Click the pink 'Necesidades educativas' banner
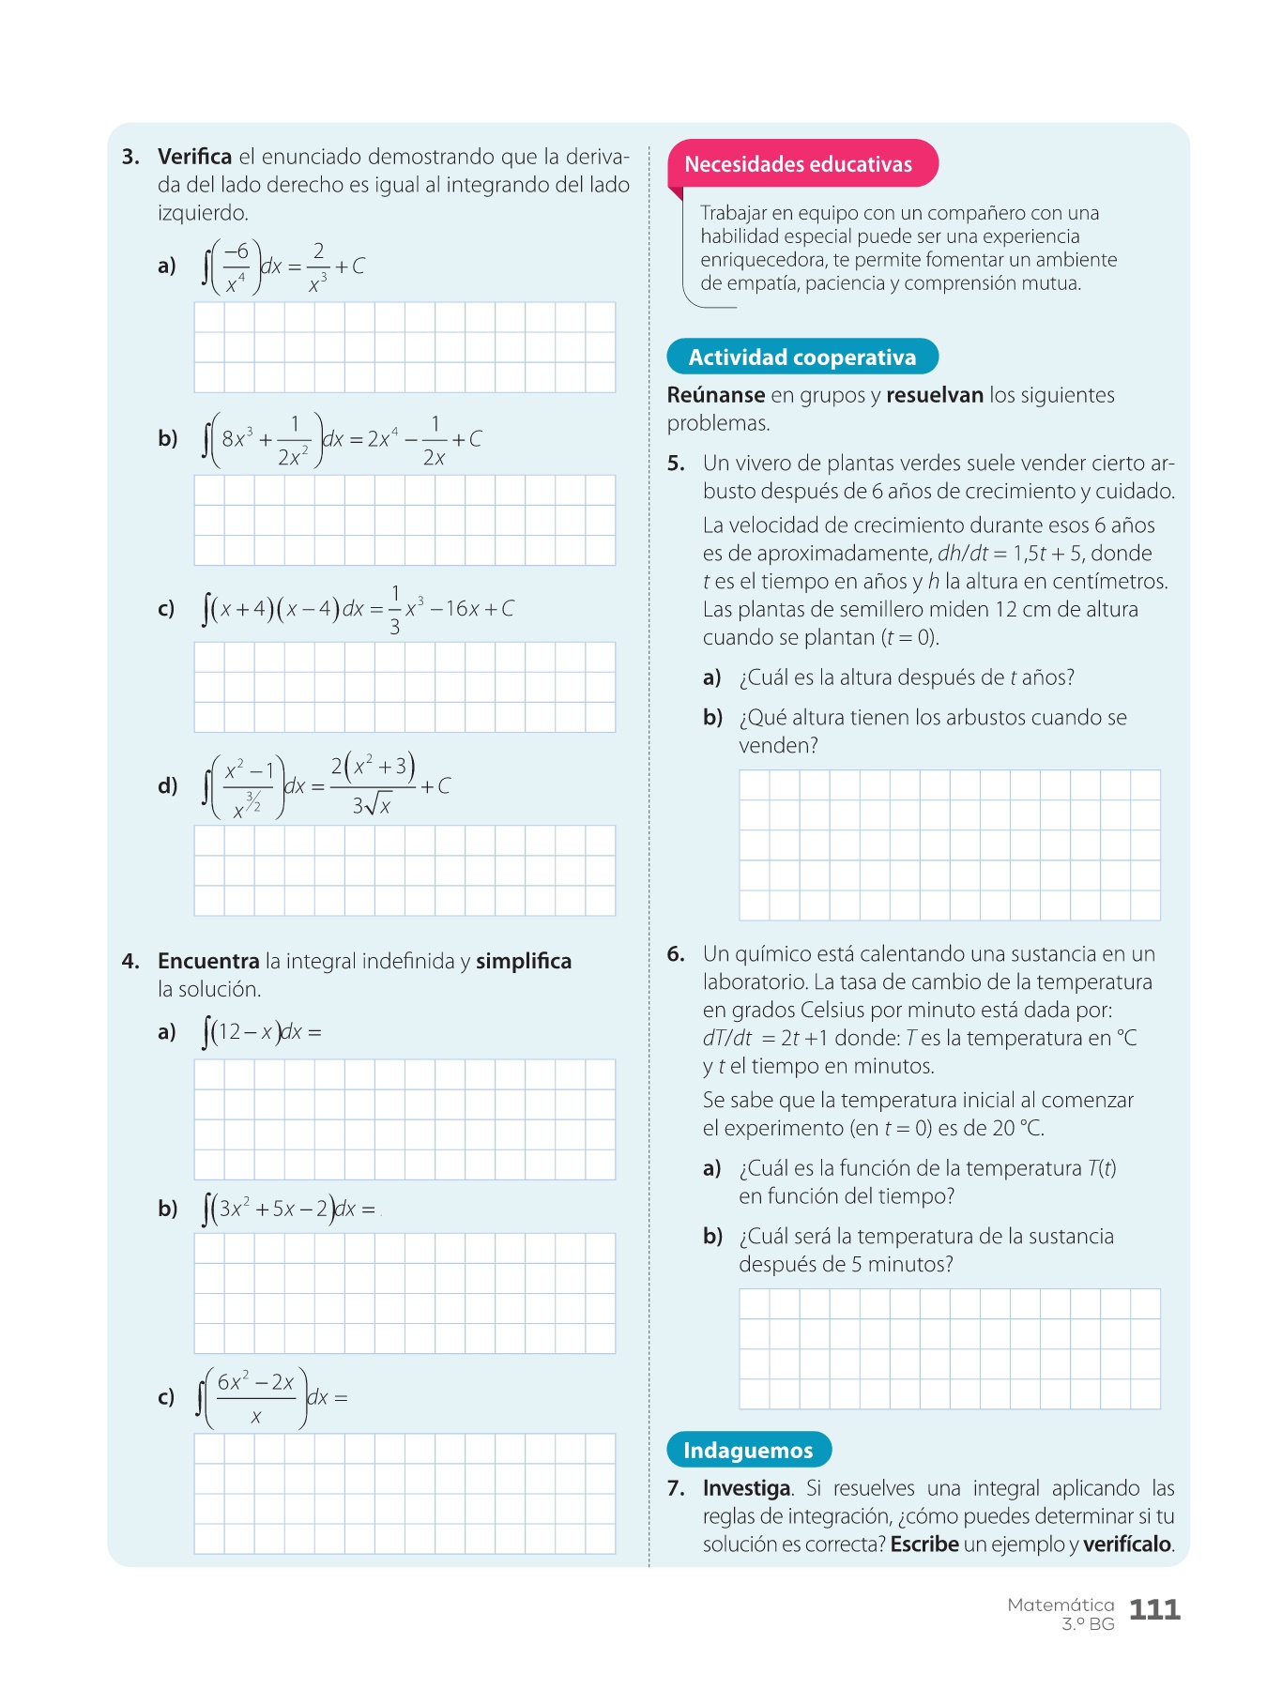click(799, 164)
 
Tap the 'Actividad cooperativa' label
click(802, 358)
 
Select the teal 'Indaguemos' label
click(748, 1451)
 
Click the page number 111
click(1154, 1610)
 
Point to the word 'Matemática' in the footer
click(1061, 1605)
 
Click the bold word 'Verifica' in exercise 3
click(194, 157)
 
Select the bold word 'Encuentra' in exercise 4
click(208, 961)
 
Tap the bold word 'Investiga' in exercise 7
click(746, 1488)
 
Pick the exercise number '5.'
click(676, 464)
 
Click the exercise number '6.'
click(676, 954)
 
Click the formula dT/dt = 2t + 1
click(764, 1039)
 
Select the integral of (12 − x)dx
click(258, 1032)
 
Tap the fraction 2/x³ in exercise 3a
click(318, 266)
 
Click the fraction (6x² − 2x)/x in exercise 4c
click(255, 1398)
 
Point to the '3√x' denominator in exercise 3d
click(372, 805)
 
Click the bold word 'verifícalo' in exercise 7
click(1127, 1544)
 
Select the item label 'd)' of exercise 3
click(168, 786)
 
